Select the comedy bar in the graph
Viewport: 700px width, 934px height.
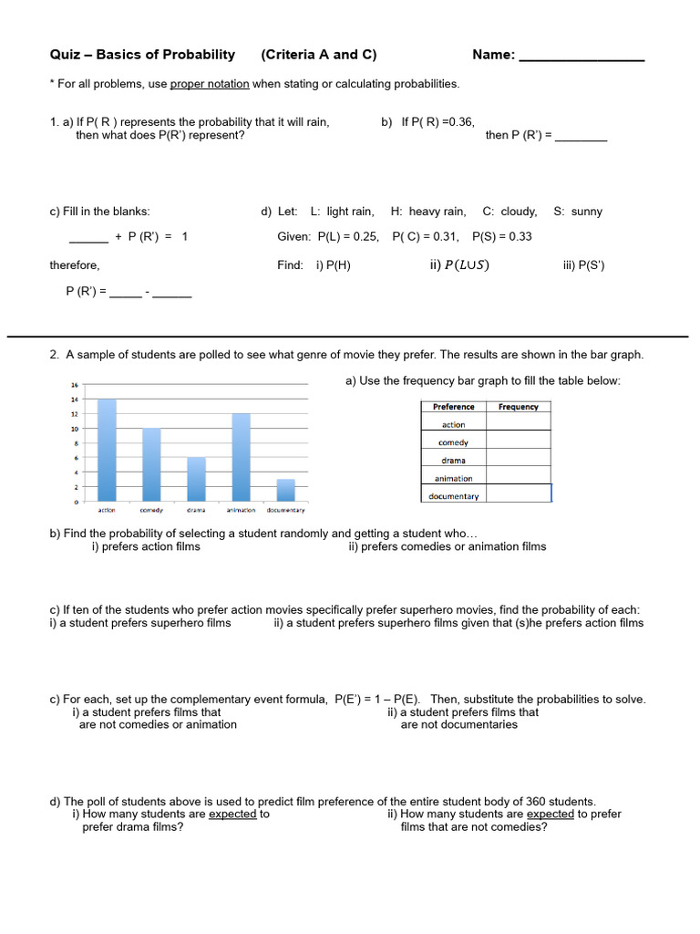(x=151, y=465)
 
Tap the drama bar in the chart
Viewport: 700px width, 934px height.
(x=196, y=479)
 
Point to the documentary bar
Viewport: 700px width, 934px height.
(x=286, y=490)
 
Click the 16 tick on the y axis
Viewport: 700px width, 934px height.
(x=75, y=385)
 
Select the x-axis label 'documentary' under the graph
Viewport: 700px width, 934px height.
(x=285, y=511)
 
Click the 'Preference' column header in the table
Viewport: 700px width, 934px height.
(x=453, y=407)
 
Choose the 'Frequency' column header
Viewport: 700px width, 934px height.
(x=519, y=407)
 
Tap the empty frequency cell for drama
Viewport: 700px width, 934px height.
(x=519, y=461)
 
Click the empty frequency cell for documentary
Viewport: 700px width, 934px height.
(x=519, y=495)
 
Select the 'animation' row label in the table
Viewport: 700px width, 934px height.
(x=453, y=478)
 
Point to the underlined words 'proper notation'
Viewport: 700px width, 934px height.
(x=210, y=84)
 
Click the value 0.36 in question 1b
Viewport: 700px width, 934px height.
(x=458, y=122)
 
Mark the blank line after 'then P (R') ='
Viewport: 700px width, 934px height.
(x=581, y=137)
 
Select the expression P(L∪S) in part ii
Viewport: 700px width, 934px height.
(x=465, y=265)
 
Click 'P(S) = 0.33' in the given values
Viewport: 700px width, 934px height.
(x=502, y=236)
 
